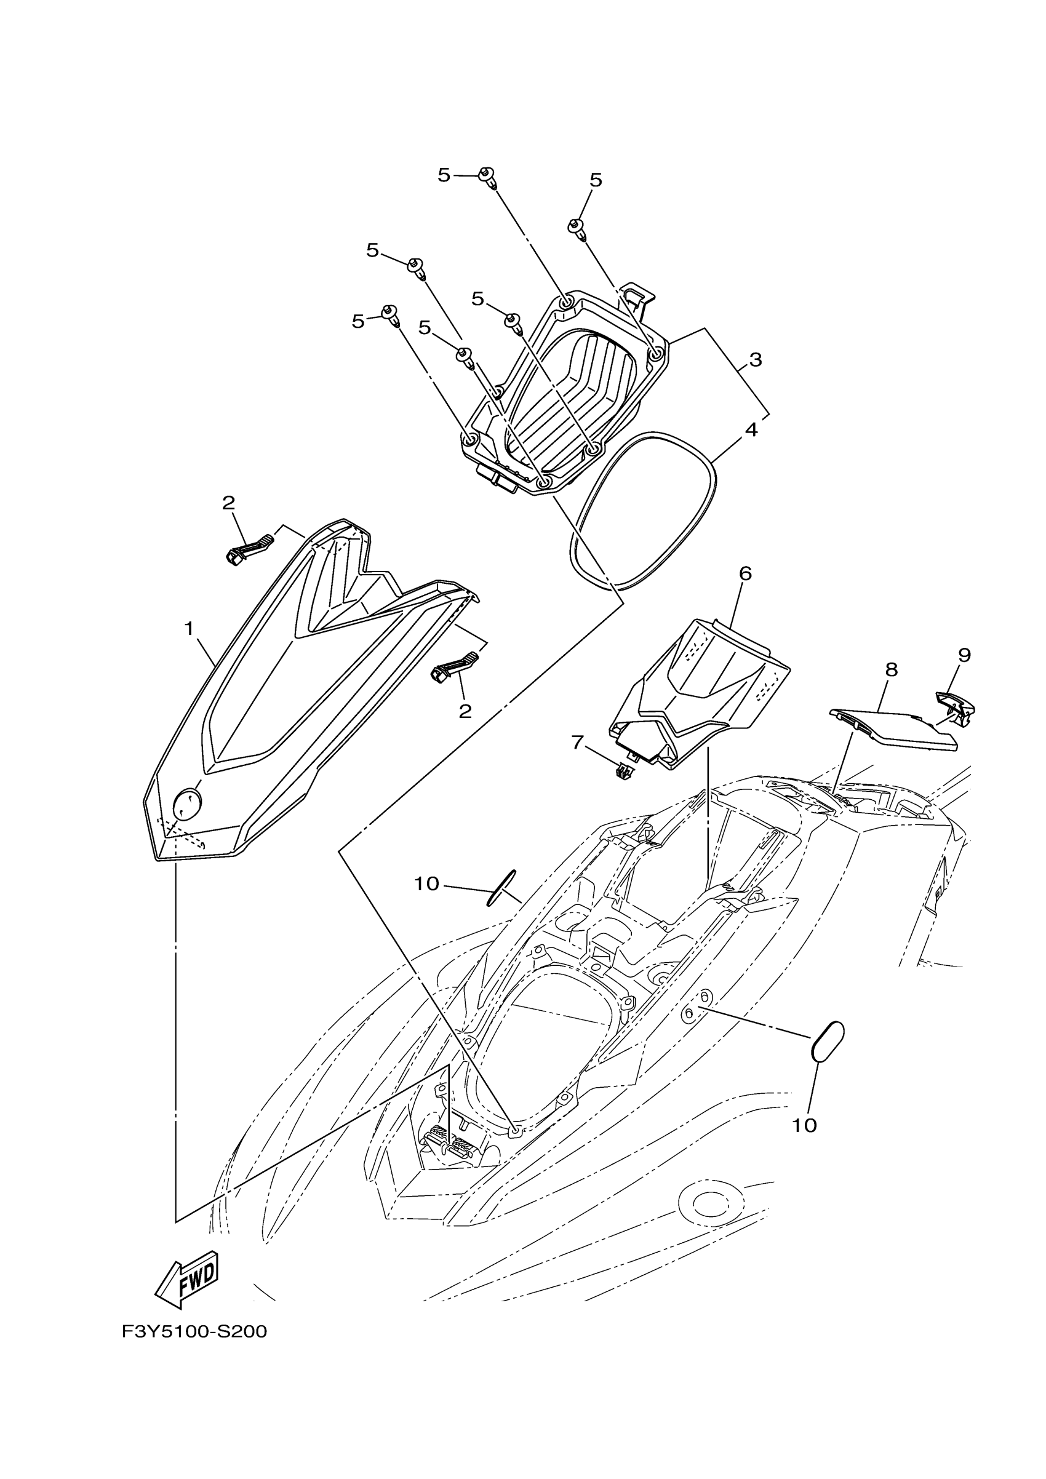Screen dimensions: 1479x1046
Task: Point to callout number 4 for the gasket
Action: (x=751, y=429)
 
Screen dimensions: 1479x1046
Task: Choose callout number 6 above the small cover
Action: (x=745, y=573)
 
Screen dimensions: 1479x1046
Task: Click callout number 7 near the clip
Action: (x=577, y=743)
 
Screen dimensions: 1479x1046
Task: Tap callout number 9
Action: (x=964, y=656)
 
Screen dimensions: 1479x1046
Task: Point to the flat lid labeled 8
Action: (x=895, y=728)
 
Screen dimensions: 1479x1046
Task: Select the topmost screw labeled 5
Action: (x=487, y=176)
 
